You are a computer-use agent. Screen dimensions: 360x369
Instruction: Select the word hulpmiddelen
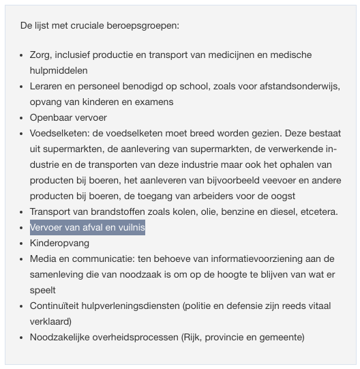pyautogui.click(x=59, y=70)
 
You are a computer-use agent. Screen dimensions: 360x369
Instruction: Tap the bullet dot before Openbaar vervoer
pyautogui.click(x=22, y=117)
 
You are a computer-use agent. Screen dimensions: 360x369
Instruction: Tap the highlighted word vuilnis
pyautogui.click(x=129, y=227)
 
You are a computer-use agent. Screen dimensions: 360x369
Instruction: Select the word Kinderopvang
pyautogui.click(x=59, y=243)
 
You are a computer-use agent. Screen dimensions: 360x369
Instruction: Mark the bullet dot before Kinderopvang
pyautogui.click(x=22, y=243)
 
